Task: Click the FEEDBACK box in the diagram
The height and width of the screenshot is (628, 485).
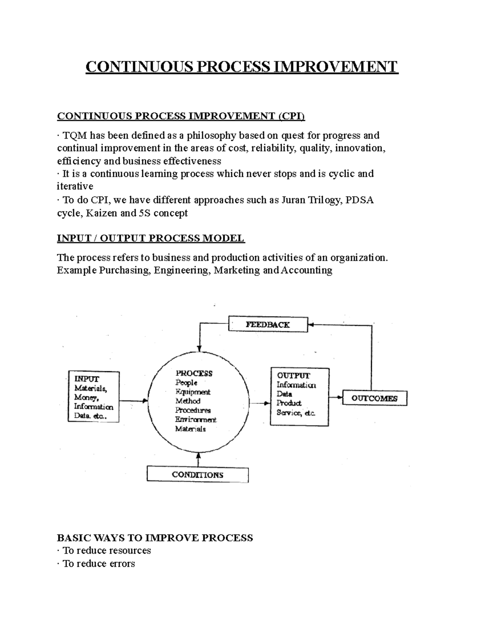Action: coord(268,324)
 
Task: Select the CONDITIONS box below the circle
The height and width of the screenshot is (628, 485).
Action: coord(197,474)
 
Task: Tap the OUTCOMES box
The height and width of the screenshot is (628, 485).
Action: coord(374,398)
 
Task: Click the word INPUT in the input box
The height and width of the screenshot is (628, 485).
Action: coord(86,379)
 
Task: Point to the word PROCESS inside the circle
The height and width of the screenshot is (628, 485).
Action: coord(194,373)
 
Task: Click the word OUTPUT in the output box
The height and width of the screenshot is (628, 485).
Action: coord(293,375)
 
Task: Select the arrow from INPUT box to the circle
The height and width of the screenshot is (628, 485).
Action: coord(134,401)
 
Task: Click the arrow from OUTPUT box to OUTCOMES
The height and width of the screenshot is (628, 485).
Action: coord(335,398)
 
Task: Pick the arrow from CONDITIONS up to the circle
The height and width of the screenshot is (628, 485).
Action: coord(198,459)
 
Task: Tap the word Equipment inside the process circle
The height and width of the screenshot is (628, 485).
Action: coord(193,392)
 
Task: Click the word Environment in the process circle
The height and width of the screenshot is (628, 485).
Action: coord(196,420)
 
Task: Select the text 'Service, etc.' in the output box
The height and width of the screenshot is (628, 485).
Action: coord(295,412)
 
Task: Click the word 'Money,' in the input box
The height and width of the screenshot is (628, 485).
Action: coord(85,398)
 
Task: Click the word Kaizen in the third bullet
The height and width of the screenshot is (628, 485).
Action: coord(102,213)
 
